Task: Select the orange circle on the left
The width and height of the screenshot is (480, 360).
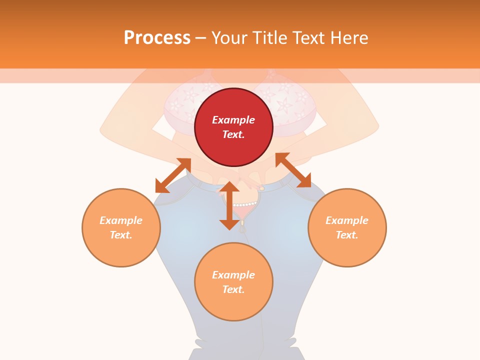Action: click(121, 250)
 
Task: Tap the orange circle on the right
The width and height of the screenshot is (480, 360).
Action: click(347, 250)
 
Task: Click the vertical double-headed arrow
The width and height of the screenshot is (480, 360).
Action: click(229, 205)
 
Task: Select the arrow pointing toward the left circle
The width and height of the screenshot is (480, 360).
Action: click(173, 175)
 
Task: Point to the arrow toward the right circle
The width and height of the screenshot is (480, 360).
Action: click(293, 170)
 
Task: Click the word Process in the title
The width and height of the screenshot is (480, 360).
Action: click(157, 37)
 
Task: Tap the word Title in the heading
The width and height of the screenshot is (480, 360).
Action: click(270, 37)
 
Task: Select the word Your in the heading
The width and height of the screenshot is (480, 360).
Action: click(229, 37)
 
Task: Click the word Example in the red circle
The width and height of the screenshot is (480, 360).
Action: click(233, 120)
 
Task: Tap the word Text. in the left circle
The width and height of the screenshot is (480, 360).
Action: click(121, 235)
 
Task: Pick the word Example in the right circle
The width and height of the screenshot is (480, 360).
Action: click(347, 220)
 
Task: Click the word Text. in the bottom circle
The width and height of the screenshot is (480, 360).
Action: click(233, 289)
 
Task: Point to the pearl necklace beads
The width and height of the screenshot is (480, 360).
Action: click(245, 204)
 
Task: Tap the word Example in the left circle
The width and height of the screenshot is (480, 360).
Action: click(121, 220)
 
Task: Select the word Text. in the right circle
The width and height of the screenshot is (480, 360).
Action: click(347, 235)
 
